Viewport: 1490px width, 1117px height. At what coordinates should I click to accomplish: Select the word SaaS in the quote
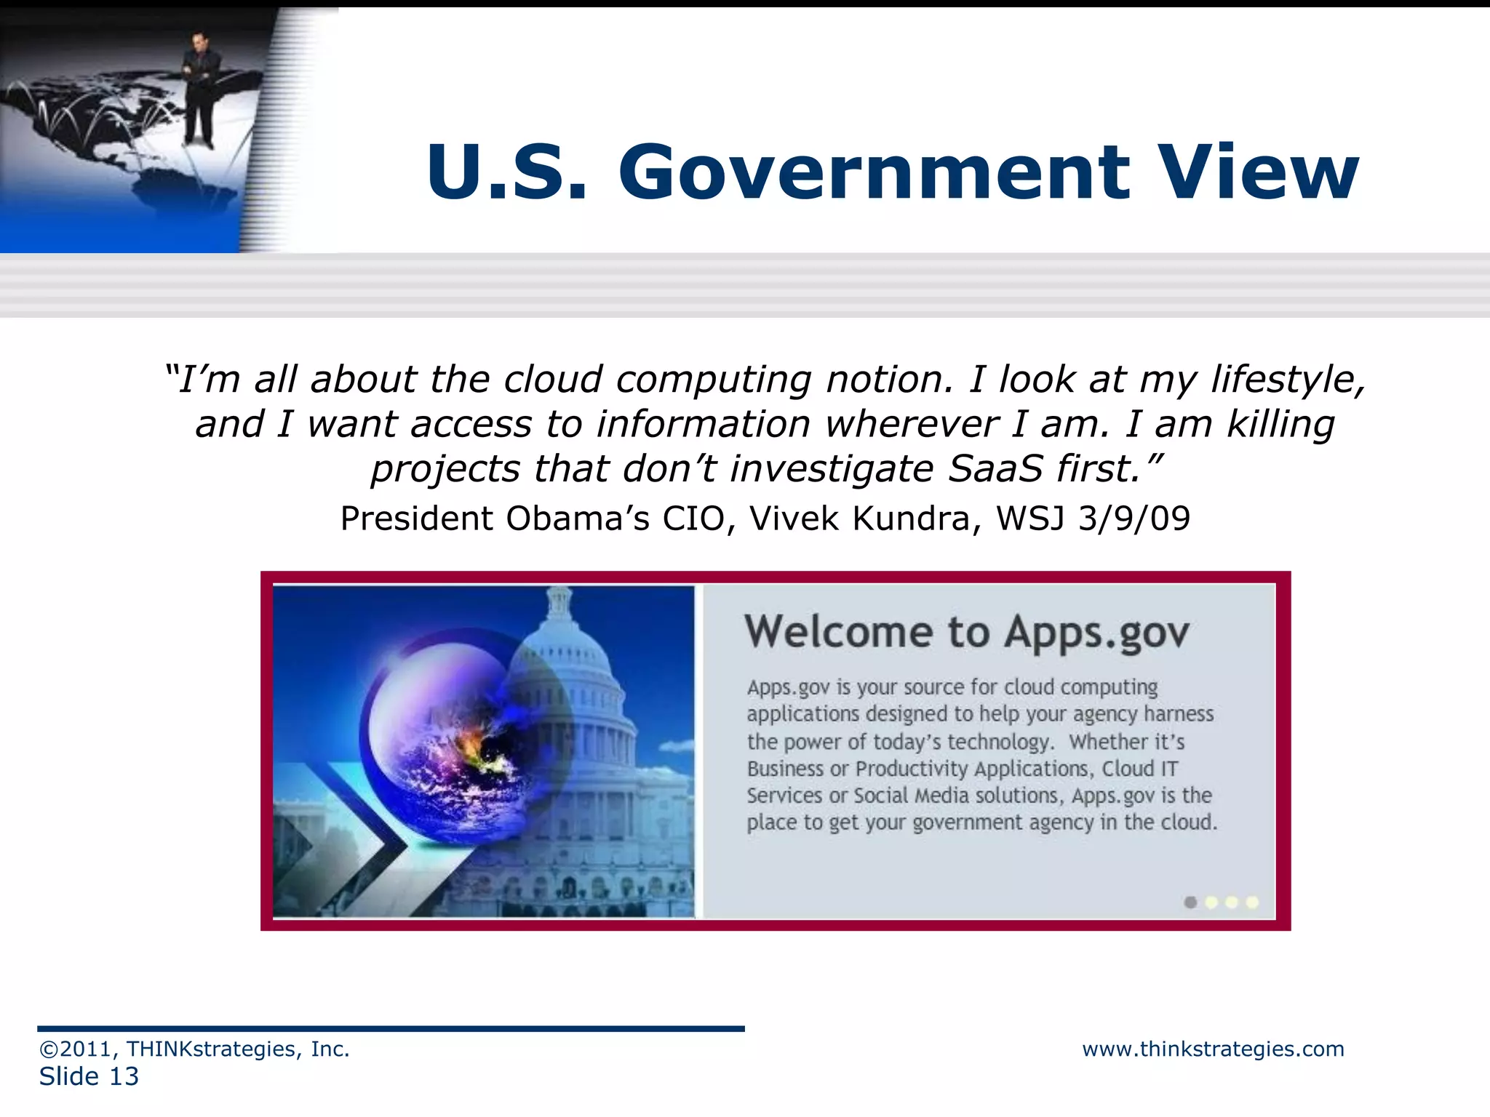tap(996, 469)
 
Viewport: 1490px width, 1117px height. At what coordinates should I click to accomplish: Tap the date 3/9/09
tap(1134, 519)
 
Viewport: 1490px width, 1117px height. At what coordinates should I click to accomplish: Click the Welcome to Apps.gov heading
tap(966, 631)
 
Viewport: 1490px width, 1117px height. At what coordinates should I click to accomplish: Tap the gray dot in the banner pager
tap(1190, 902)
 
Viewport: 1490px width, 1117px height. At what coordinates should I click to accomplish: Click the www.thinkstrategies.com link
tap(1213, 1049)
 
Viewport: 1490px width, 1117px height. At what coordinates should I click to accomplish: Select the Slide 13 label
tap(89, 1077)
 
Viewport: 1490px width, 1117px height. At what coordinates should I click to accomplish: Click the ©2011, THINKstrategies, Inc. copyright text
tap(194, 1049)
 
